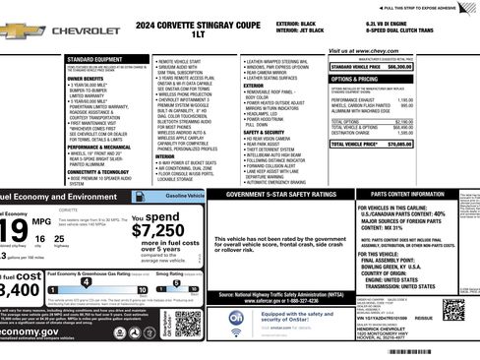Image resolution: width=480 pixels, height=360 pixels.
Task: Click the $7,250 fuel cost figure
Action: (x=151, y=229)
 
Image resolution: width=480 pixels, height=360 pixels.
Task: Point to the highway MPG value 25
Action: (x=59, y=239)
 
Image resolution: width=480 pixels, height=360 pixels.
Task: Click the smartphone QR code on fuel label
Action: (x=190, y=322)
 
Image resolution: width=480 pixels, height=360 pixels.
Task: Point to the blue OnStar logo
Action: (x=237, y=319)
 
